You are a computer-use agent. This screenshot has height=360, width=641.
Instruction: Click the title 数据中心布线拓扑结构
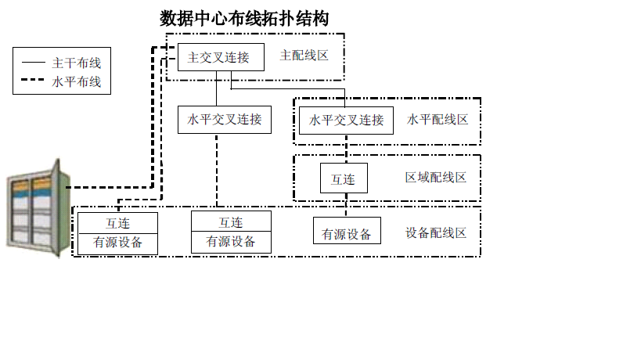(x=244, y=19)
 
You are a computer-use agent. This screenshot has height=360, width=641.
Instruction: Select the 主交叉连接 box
(x=221, y=57)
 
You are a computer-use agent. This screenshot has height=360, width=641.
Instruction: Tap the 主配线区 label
(x=304, y=56)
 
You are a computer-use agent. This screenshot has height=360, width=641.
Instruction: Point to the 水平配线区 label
(x=438, y=119)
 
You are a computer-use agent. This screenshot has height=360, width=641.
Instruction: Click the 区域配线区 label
(x=436, y=178)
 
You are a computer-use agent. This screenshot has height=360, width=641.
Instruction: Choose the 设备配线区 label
(x=436, y=233)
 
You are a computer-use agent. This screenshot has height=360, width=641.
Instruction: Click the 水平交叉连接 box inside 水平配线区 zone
(x=346, y=121)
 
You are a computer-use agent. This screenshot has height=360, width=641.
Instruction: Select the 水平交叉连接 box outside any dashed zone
(x=225, y=120)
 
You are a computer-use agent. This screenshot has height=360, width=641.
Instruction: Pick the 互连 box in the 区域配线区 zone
(x=344, y=178)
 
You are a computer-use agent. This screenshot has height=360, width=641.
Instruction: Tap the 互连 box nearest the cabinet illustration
(x=117, y=223)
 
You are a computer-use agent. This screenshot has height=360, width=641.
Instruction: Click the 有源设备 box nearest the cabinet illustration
(x=117, y=244)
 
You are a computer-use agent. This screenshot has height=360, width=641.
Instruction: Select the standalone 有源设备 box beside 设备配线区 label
(x=347, y=230)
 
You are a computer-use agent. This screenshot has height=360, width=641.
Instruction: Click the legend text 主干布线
(x=77, y=63)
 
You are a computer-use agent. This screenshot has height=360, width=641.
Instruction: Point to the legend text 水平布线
(x=77, y=81)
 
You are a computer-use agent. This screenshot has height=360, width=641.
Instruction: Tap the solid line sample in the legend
(x=33, y=63)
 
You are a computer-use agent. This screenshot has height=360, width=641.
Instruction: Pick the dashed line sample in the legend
(x=33, y=80)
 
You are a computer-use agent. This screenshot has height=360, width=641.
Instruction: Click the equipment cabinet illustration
(x=38, y=208)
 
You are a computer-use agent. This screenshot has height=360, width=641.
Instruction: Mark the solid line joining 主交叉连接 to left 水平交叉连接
(x=216, y=88)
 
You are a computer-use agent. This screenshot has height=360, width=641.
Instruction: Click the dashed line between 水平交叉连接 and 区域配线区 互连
(x=346, y=149)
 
